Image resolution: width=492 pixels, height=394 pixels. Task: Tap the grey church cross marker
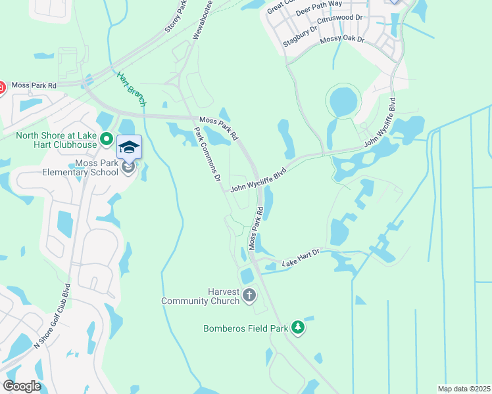pyautogui.click(x=249, y=295)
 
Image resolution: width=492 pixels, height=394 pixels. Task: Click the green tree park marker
pyautogui.click(x=298, y=327)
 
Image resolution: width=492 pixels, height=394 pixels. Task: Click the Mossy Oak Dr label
pyautogui.click(x=342, y=41)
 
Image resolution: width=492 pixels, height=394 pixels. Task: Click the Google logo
pyautogui.click(x=22, y=386)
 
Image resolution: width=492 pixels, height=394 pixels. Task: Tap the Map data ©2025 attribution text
pyautogui.click(x=464, y=389)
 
